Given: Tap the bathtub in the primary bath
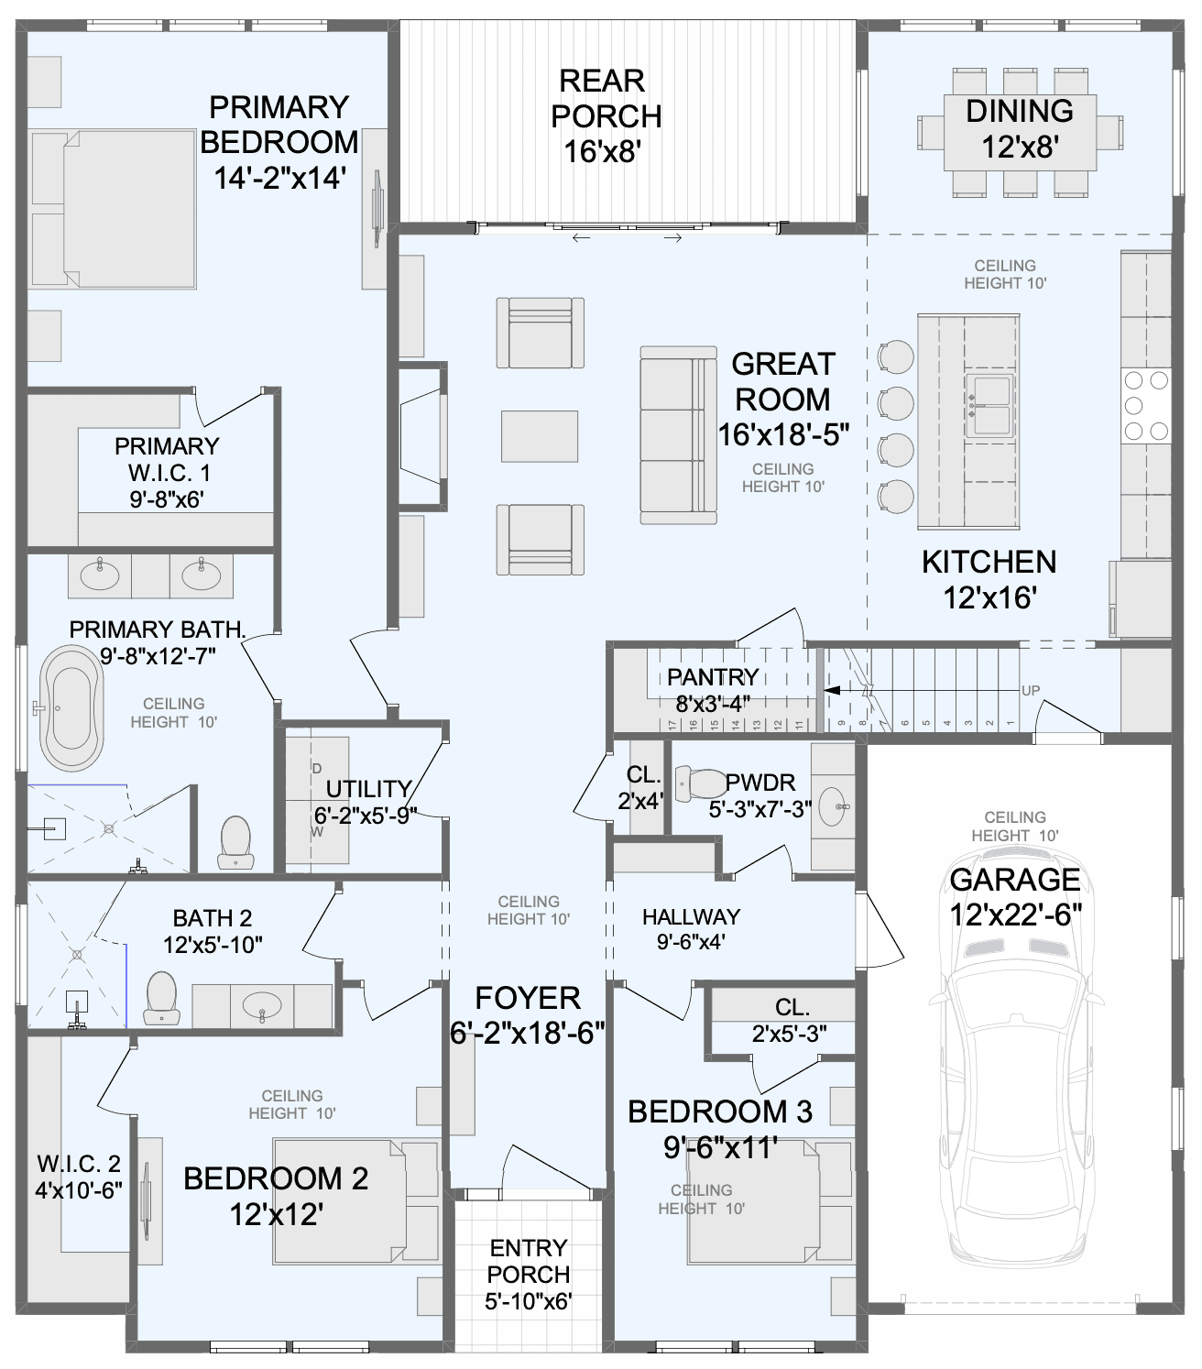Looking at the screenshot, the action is (x=71, y=708).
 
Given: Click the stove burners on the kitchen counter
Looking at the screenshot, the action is (x=1147, y=405).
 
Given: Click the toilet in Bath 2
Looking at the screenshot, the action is (x=161, y=997).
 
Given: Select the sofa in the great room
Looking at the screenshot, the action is (x=678, y=435).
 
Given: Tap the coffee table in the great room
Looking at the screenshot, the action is (x=540, y=436).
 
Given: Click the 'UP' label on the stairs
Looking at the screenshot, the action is (x=1031, y=691).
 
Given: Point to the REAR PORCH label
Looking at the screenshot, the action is (x=606, y=99).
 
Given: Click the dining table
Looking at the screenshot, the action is (x=1020, y=133).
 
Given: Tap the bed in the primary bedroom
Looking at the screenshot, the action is (x=114, y=209).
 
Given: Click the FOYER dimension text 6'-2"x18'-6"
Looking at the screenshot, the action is (x=527, y=1033).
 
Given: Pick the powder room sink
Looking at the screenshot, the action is (x=834, y=806).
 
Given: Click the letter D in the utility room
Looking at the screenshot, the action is (x=316, y=768).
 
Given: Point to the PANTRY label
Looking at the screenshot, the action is (x=713, y=676).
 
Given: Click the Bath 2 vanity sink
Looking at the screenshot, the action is (x=261, y=1005).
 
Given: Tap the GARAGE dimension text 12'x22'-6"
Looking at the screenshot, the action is (x=1015, y=916).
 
